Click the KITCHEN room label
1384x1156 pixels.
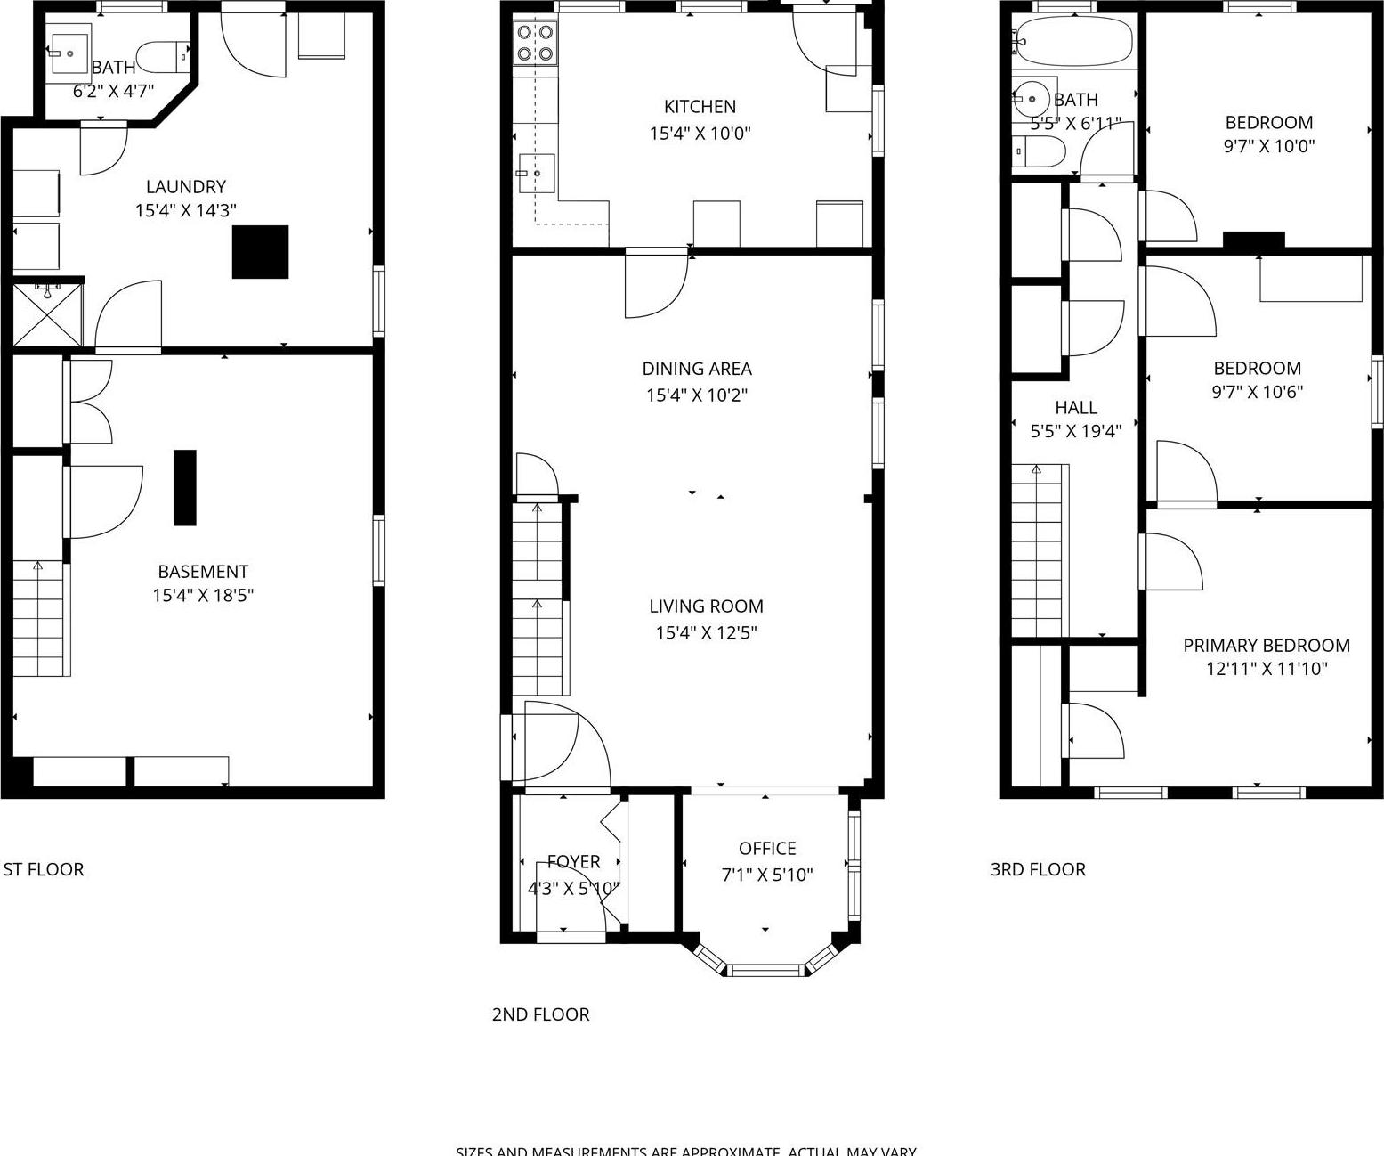(700, 107)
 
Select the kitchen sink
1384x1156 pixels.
(537, 173)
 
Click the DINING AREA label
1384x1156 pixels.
(697, 369)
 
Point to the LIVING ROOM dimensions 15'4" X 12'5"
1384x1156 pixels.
(706, 633)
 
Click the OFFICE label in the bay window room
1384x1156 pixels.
(767, 849)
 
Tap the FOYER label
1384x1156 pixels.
(573, 861)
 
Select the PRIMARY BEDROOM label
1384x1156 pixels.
(1266, 646)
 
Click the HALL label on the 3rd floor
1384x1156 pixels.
(1076, 408)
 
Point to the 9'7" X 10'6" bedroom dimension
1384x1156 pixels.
(1257, 392)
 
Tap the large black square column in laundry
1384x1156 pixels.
(260, 252)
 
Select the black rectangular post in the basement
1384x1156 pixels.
(184, 487)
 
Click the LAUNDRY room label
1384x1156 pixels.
(185, 187)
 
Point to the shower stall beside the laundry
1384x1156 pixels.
(48, 314)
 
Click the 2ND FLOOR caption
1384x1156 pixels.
(540, 1014)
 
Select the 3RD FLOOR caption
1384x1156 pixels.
(1038, 869)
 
